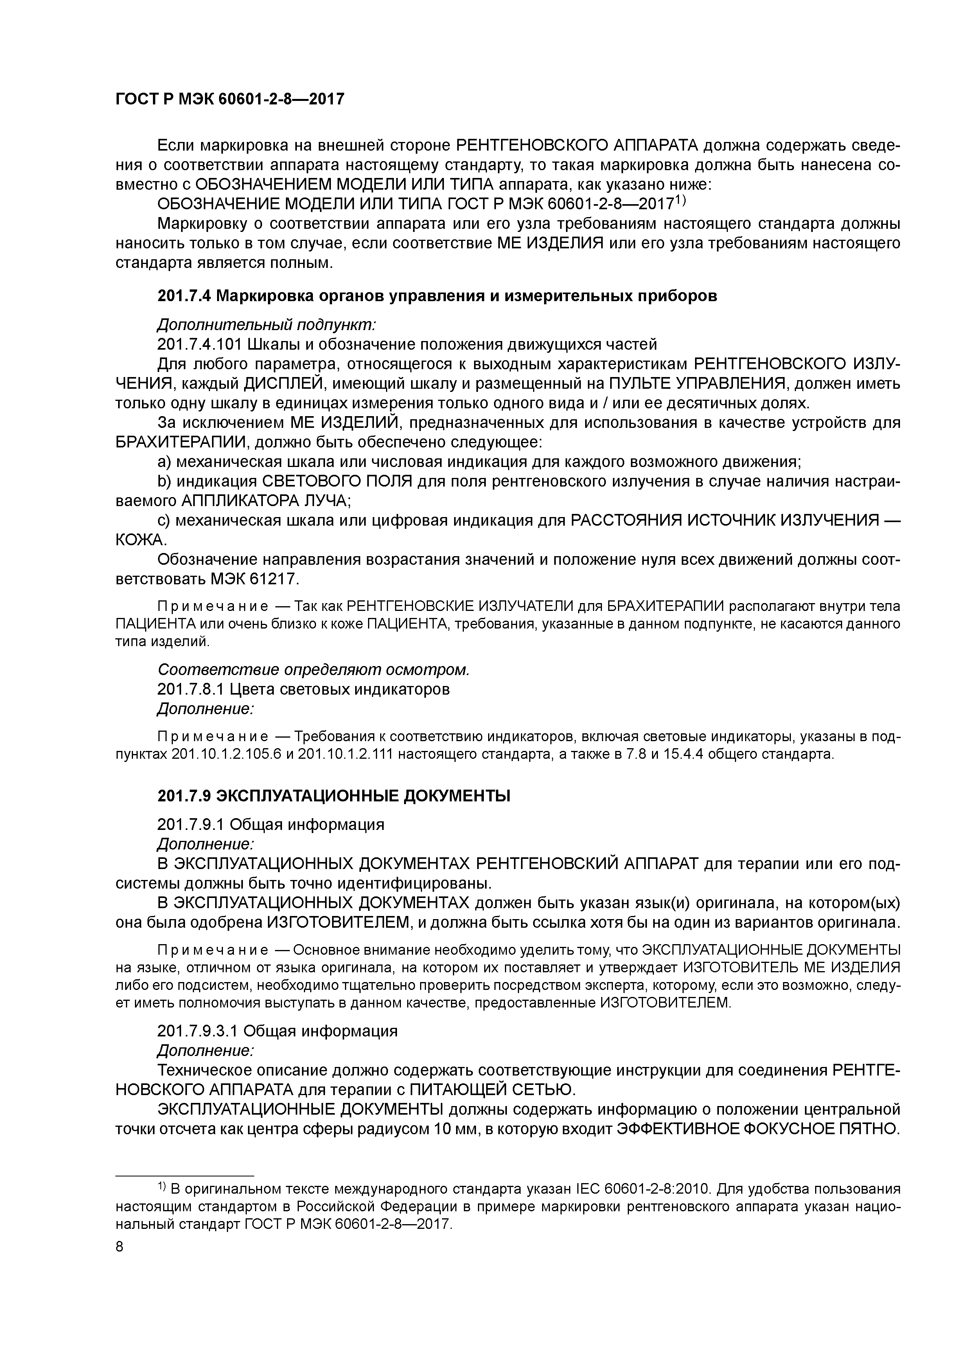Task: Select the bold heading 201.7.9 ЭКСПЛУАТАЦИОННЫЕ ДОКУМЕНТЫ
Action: coord(334,796)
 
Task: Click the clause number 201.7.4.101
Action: coord(199,344)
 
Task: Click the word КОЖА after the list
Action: coord(140,540)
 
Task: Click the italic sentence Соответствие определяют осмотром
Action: coord(313,670)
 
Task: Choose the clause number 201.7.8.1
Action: coord(190,689)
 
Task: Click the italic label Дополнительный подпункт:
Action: coord(266,325)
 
